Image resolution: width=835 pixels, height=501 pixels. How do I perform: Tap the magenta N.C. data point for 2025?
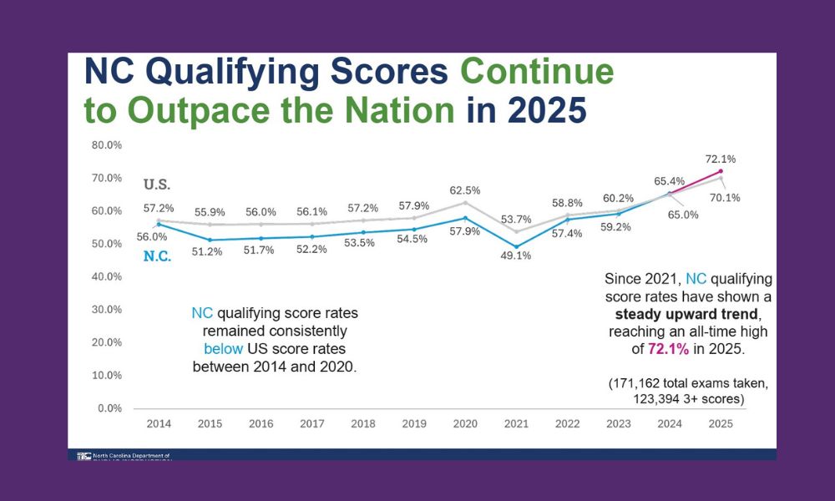pos(720,171)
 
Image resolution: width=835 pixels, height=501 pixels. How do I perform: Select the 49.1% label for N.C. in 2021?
pos(518,256)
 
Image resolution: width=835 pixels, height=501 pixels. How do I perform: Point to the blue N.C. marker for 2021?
pos(517,246)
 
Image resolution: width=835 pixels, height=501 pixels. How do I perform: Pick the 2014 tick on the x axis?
pos(159,423)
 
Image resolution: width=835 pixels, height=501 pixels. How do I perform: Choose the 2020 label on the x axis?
pos(465,423)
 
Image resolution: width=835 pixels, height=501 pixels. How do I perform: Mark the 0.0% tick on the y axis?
pos(109,408)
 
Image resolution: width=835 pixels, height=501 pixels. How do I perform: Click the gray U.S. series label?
pos(156,184)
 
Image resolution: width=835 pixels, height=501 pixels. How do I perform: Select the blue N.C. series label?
pos(157,256)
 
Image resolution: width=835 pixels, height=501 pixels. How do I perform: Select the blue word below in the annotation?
pos(223,349)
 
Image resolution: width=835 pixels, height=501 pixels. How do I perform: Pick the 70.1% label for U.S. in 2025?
pos(725,198)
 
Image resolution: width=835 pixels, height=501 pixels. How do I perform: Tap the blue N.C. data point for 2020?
pos(465,218)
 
